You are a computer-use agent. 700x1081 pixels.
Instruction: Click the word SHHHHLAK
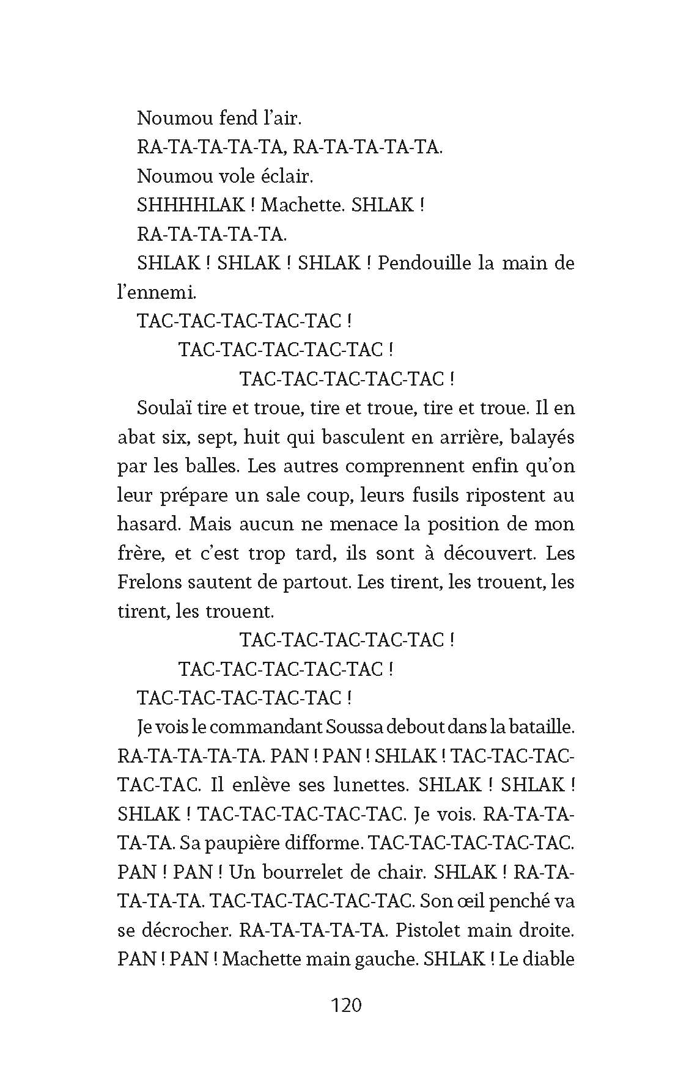click(191, 205)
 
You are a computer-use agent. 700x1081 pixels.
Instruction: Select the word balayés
click(538, 438)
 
